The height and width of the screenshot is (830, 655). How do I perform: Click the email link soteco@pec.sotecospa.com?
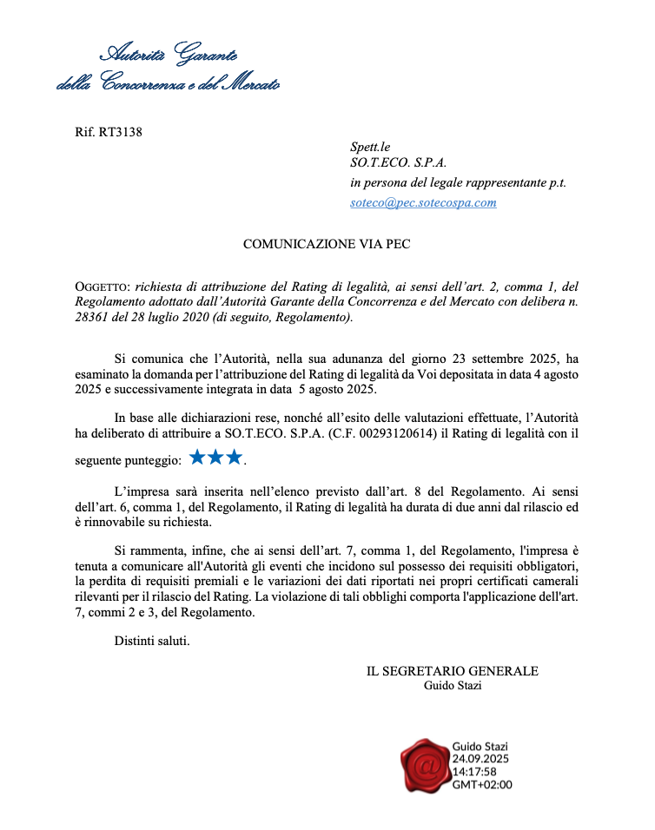(423, 202)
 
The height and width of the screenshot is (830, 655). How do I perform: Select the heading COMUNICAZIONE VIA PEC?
(327, 244)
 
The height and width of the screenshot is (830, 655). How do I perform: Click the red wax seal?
(426, 765)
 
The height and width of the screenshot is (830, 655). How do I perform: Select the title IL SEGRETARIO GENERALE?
(453, 671)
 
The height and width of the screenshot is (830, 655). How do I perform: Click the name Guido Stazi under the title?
(453, 686)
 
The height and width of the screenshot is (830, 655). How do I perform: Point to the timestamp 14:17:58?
(474, 771)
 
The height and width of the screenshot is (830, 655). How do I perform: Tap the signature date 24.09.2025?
(480, 758)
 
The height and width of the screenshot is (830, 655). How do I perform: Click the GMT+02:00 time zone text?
(482, 784)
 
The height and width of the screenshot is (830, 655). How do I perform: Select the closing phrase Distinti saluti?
(152, 642)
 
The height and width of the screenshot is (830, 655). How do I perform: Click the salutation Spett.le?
(370, 148)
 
